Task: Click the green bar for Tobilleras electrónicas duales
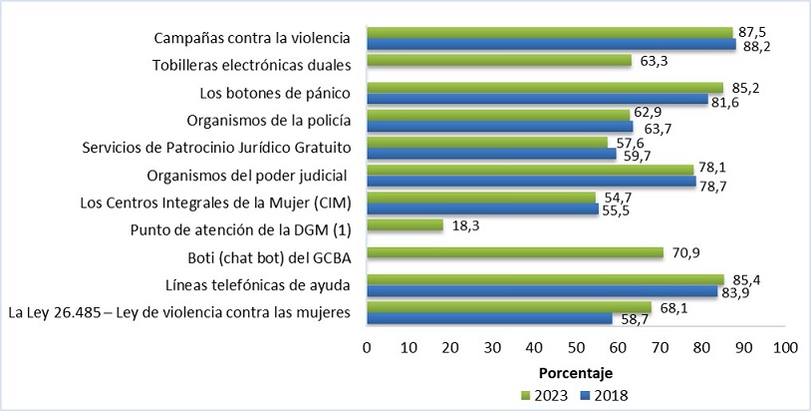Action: [498, 61]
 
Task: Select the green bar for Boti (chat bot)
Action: [514, 253]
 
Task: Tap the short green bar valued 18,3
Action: [405, 226]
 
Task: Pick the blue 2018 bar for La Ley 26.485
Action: [489, 318]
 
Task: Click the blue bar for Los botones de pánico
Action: [537, 100]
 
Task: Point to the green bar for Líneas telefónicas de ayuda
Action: [545, 280]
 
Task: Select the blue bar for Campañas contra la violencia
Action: [551, 44]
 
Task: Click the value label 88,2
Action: [754, 45]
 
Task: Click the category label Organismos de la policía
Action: [269, 122]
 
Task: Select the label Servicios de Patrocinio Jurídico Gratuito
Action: [216, 149]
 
